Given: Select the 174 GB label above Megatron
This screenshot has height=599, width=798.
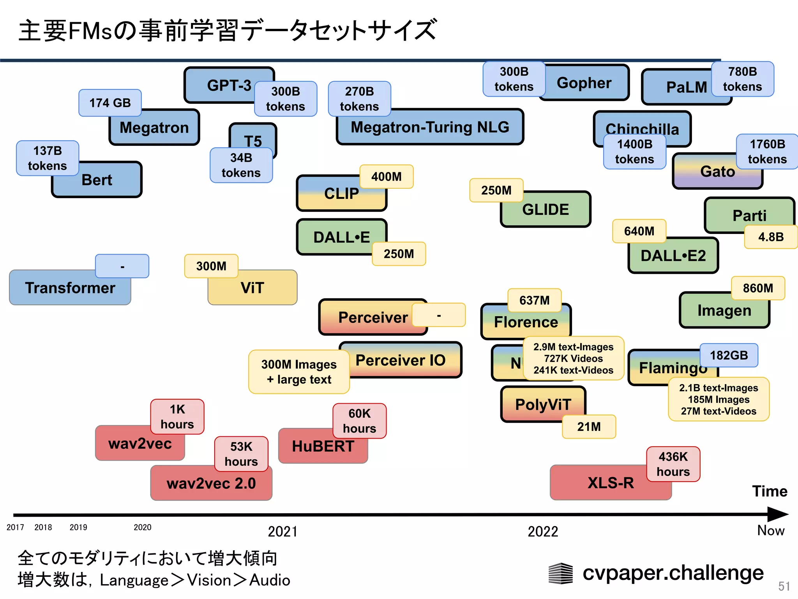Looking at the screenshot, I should pos(110,103).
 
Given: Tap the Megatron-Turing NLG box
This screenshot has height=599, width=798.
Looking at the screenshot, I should pos(430,128).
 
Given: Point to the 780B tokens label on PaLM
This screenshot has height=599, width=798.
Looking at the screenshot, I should pos(742,79).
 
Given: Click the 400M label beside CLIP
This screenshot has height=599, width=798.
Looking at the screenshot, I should pos(386,177).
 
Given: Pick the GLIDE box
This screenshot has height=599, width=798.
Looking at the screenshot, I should pos(546,210).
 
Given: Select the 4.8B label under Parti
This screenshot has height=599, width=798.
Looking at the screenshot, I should pos(770,237).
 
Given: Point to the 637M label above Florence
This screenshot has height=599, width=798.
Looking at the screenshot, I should pos(534,300).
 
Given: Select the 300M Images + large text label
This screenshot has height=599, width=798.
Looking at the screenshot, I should pos(299,372).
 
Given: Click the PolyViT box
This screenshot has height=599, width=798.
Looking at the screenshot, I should pos(543,404).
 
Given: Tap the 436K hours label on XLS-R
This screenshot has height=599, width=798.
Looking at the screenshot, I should pos(673,464).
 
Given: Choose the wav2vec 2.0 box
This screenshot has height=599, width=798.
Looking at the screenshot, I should pos(211,484).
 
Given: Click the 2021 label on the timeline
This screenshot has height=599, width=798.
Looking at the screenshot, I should pos(282,532).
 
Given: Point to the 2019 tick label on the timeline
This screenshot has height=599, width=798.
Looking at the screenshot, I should pos(78,527).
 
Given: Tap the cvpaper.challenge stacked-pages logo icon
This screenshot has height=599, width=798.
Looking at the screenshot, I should pos(560,573).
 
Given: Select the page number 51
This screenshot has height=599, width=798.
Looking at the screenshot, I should pos(784,586).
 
